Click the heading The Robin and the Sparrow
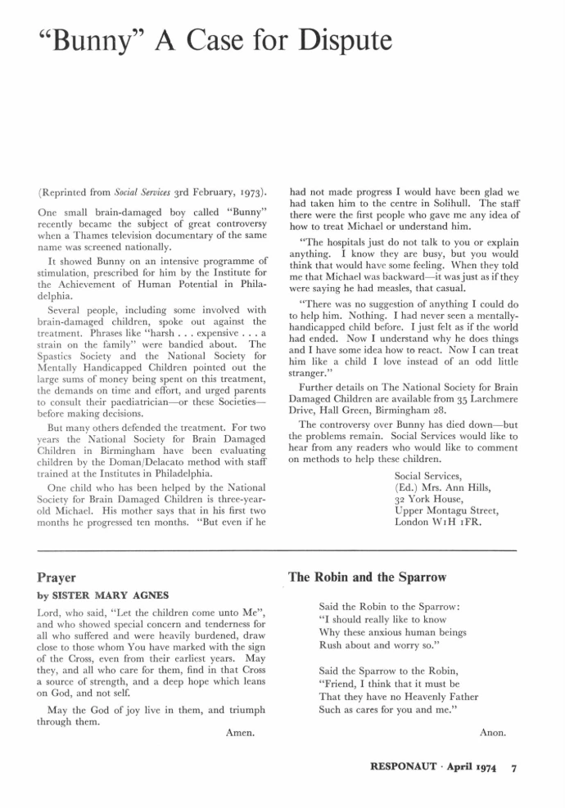[367, 577]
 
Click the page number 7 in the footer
[513, 769]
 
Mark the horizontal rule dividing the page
[282, 551]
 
